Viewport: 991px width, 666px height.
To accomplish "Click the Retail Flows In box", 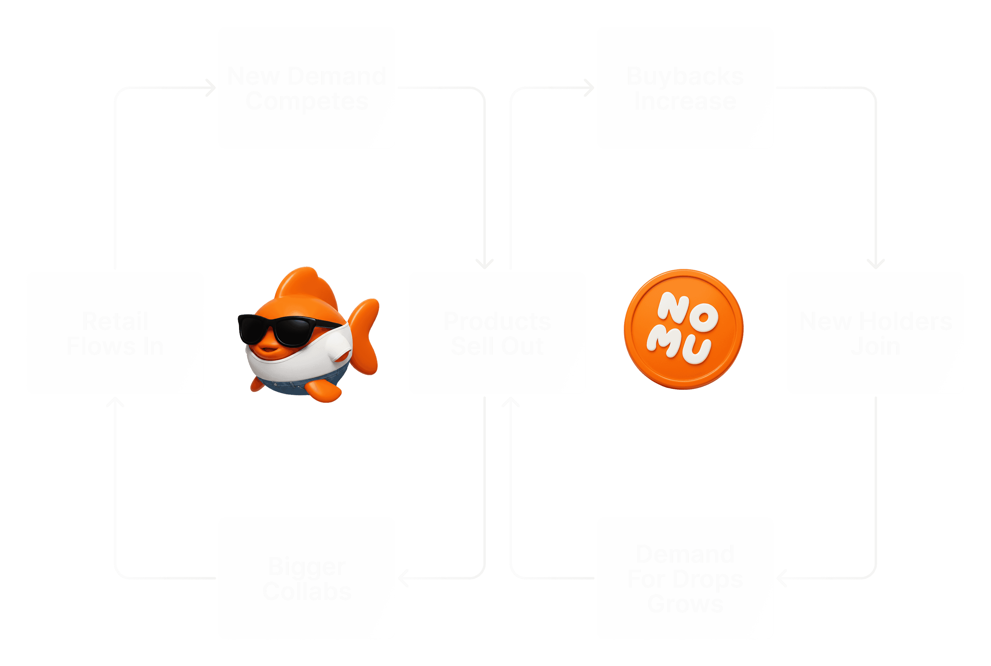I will tap(115, 333).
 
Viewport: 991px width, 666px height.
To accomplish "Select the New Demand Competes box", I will tap(306, 88).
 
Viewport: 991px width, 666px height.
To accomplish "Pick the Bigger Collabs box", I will tap(306, 578).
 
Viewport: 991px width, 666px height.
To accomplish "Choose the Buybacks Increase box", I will tap(685, 88).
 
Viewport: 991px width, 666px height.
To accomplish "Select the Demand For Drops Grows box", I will tap(685, 578).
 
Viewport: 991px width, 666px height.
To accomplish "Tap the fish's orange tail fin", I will tap(365, 335).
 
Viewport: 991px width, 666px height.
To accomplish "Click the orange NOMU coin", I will tap(683, 329).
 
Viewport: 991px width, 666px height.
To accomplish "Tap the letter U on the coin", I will tap(697, 351).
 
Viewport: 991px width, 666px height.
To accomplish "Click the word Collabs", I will tap(307, 592).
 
